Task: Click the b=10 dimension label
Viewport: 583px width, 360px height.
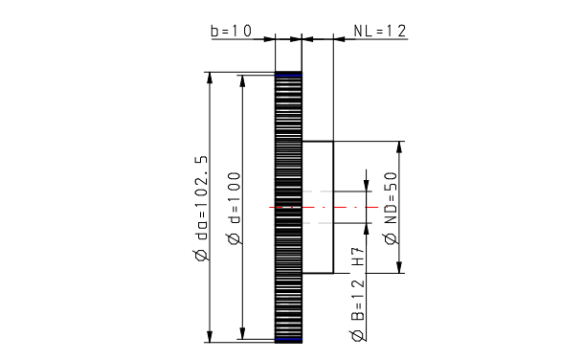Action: pos(232,31)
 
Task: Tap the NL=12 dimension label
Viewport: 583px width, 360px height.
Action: pos(380,31)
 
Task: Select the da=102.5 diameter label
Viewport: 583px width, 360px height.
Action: pos(202,203)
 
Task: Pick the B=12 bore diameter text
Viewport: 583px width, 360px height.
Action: pos(358,300)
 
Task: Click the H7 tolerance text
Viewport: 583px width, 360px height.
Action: pos(358,256)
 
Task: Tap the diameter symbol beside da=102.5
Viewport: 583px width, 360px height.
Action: pos(202,256)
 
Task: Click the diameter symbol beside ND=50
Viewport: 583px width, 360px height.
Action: pos(392,238)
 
